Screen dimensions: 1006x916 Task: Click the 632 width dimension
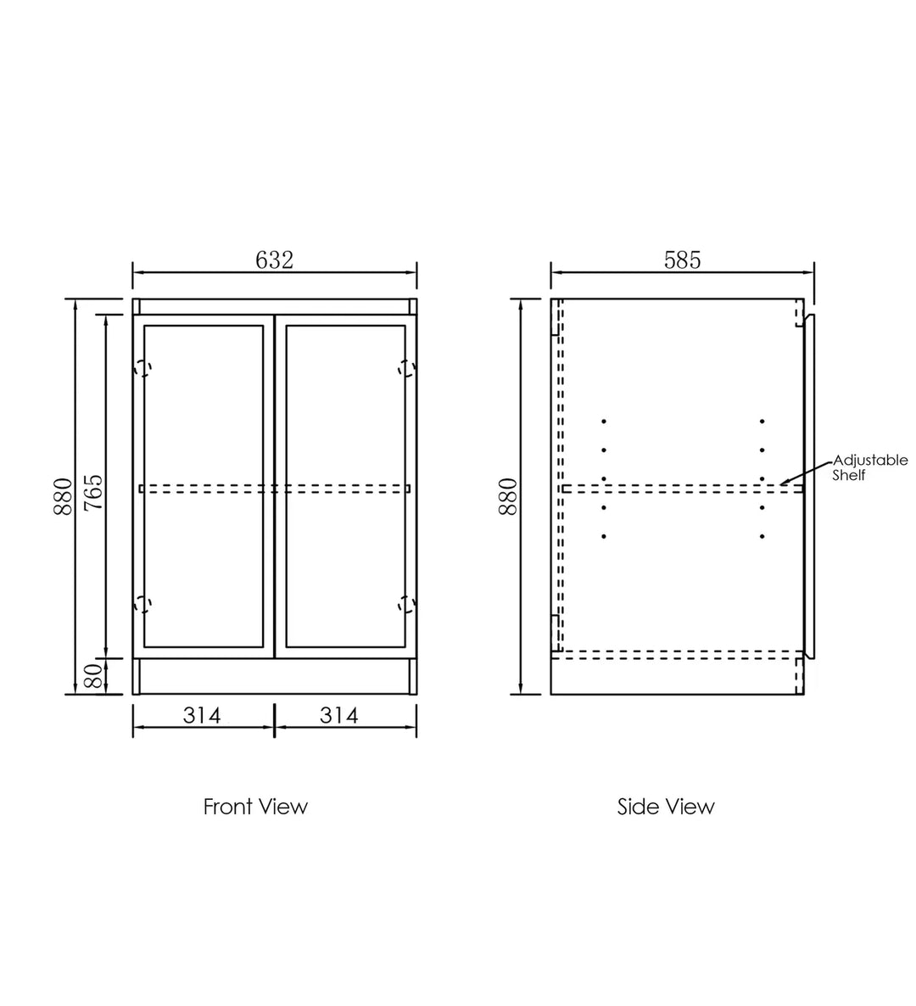(x=274, y=260)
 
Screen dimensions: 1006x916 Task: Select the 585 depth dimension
(x=682, y=260)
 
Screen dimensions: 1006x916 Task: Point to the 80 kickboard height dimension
(x=93, y=675)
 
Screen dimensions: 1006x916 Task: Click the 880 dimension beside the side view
(x=507, y=496)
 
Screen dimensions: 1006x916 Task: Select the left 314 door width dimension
(x=202, y=716)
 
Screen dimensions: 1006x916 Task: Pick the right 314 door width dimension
(x=339, y=716)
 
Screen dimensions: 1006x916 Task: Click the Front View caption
(x=255, y=806)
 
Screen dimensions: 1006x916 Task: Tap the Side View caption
(x=666, y=806)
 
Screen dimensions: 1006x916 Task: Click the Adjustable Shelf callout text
(x=869, y=467)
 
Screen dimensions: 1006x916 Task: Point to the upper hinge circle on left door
(x=142, y=368)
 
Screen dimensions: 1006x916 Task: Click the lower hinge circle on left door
(x=142, y=604)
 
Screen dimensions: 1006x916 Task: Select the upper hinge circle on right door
(x=407, y=368)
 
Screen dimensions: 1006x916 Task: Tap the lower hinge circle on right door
(x=407, y=604)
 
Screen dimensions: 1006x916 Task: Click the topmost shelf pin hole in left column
(x=604, y=422)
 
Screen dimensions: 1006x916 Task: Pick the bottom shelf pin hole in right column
(x=762, y=537)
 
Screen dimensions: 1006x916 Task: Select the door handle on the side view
(x=811, y=483)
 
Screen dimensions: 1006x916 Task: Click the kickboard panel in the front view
(x=274, y=677)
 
